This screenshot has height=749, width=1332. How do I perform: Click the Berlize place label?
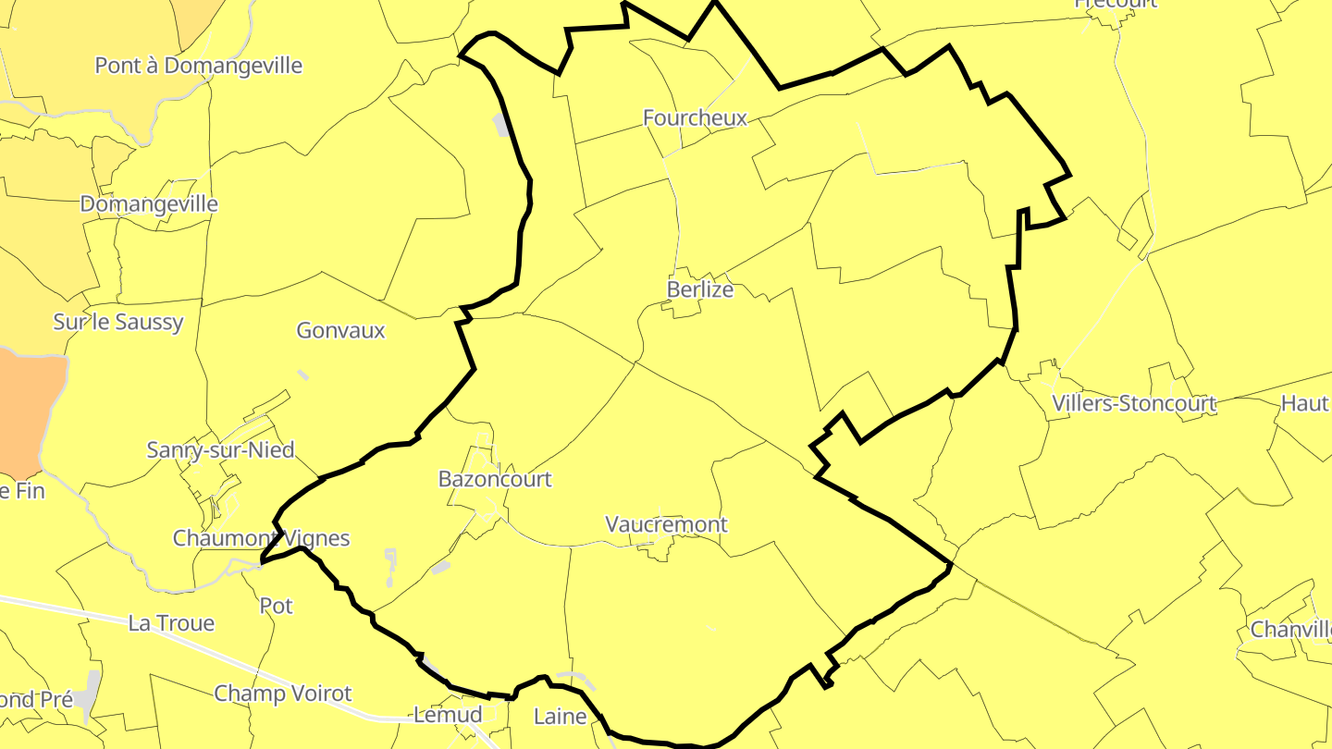click(700, 289)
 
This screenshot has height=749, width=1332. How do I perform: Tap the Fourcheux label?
click(695, 117)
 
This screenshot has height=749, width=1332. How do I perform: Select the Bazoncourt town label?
click(495, 479)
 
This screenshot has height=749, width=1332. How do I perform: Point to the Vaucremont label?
click(666, 524)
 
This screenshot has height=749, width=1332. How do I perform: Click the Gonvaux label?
click(340, 330)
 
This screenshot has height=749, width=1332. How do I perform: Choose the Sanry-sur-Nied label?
click(220, 450)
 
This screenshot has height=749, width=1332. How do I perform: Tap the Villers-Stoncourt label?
click(1134, 403)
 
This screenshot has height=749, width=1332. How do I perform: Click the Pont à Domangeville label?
click(199, 66)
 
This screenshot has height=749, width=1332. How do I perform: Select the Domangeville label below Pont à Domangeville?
click(149, 203)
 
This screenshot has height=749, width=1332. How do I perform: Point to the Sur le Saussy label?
click(118, 322)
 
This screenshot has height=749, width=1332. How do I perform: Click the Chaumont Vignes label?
click(262, 538)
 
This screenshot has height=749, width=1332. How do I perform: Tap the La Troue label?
click(171, 623)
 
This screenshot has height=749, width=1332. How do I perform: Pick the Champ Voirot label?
click(283, 694)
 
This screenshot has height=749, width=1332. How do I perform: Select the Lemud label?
click(448, 715)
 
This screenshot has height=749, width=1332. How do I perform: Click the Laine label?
click(561, 717)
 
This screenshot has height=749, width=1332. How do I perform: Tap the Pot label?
click(277, 606)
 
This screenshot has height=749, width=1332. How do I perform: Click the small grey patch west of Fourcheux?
click(501, 125)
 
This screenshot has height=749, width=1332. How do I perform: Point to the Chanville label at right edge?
click(1290, 630)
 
